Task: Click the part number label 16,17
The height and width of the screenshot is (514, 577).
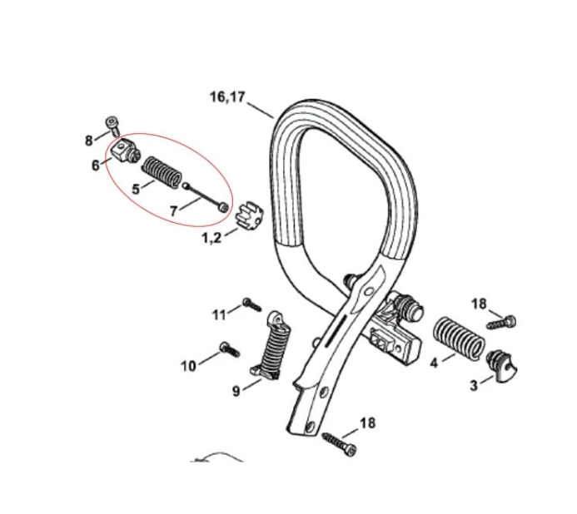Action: coord(226,97)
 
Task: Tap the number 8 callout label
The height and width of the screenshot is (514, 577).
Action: coord(90,141)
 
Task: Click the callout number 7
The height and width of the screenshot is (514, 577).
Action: coord(173,212)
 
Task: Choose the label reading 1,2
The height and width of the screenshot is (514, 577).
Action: coord(212,239)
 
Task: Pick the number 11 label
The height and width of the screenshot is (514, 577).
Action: coord(219,314)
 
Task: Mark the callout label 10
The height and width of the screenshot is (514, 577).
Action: coord(188,364)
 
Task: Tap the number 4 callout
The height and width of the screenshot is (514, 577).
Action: coord(434,363)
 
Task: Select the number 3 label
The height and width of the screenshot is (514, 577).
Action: coord(474,384)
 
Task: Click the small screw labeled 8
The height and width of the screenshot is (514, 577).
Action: coord(112,126)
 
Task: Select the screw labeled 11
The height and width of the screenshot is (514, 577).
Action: coord(250,304)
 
